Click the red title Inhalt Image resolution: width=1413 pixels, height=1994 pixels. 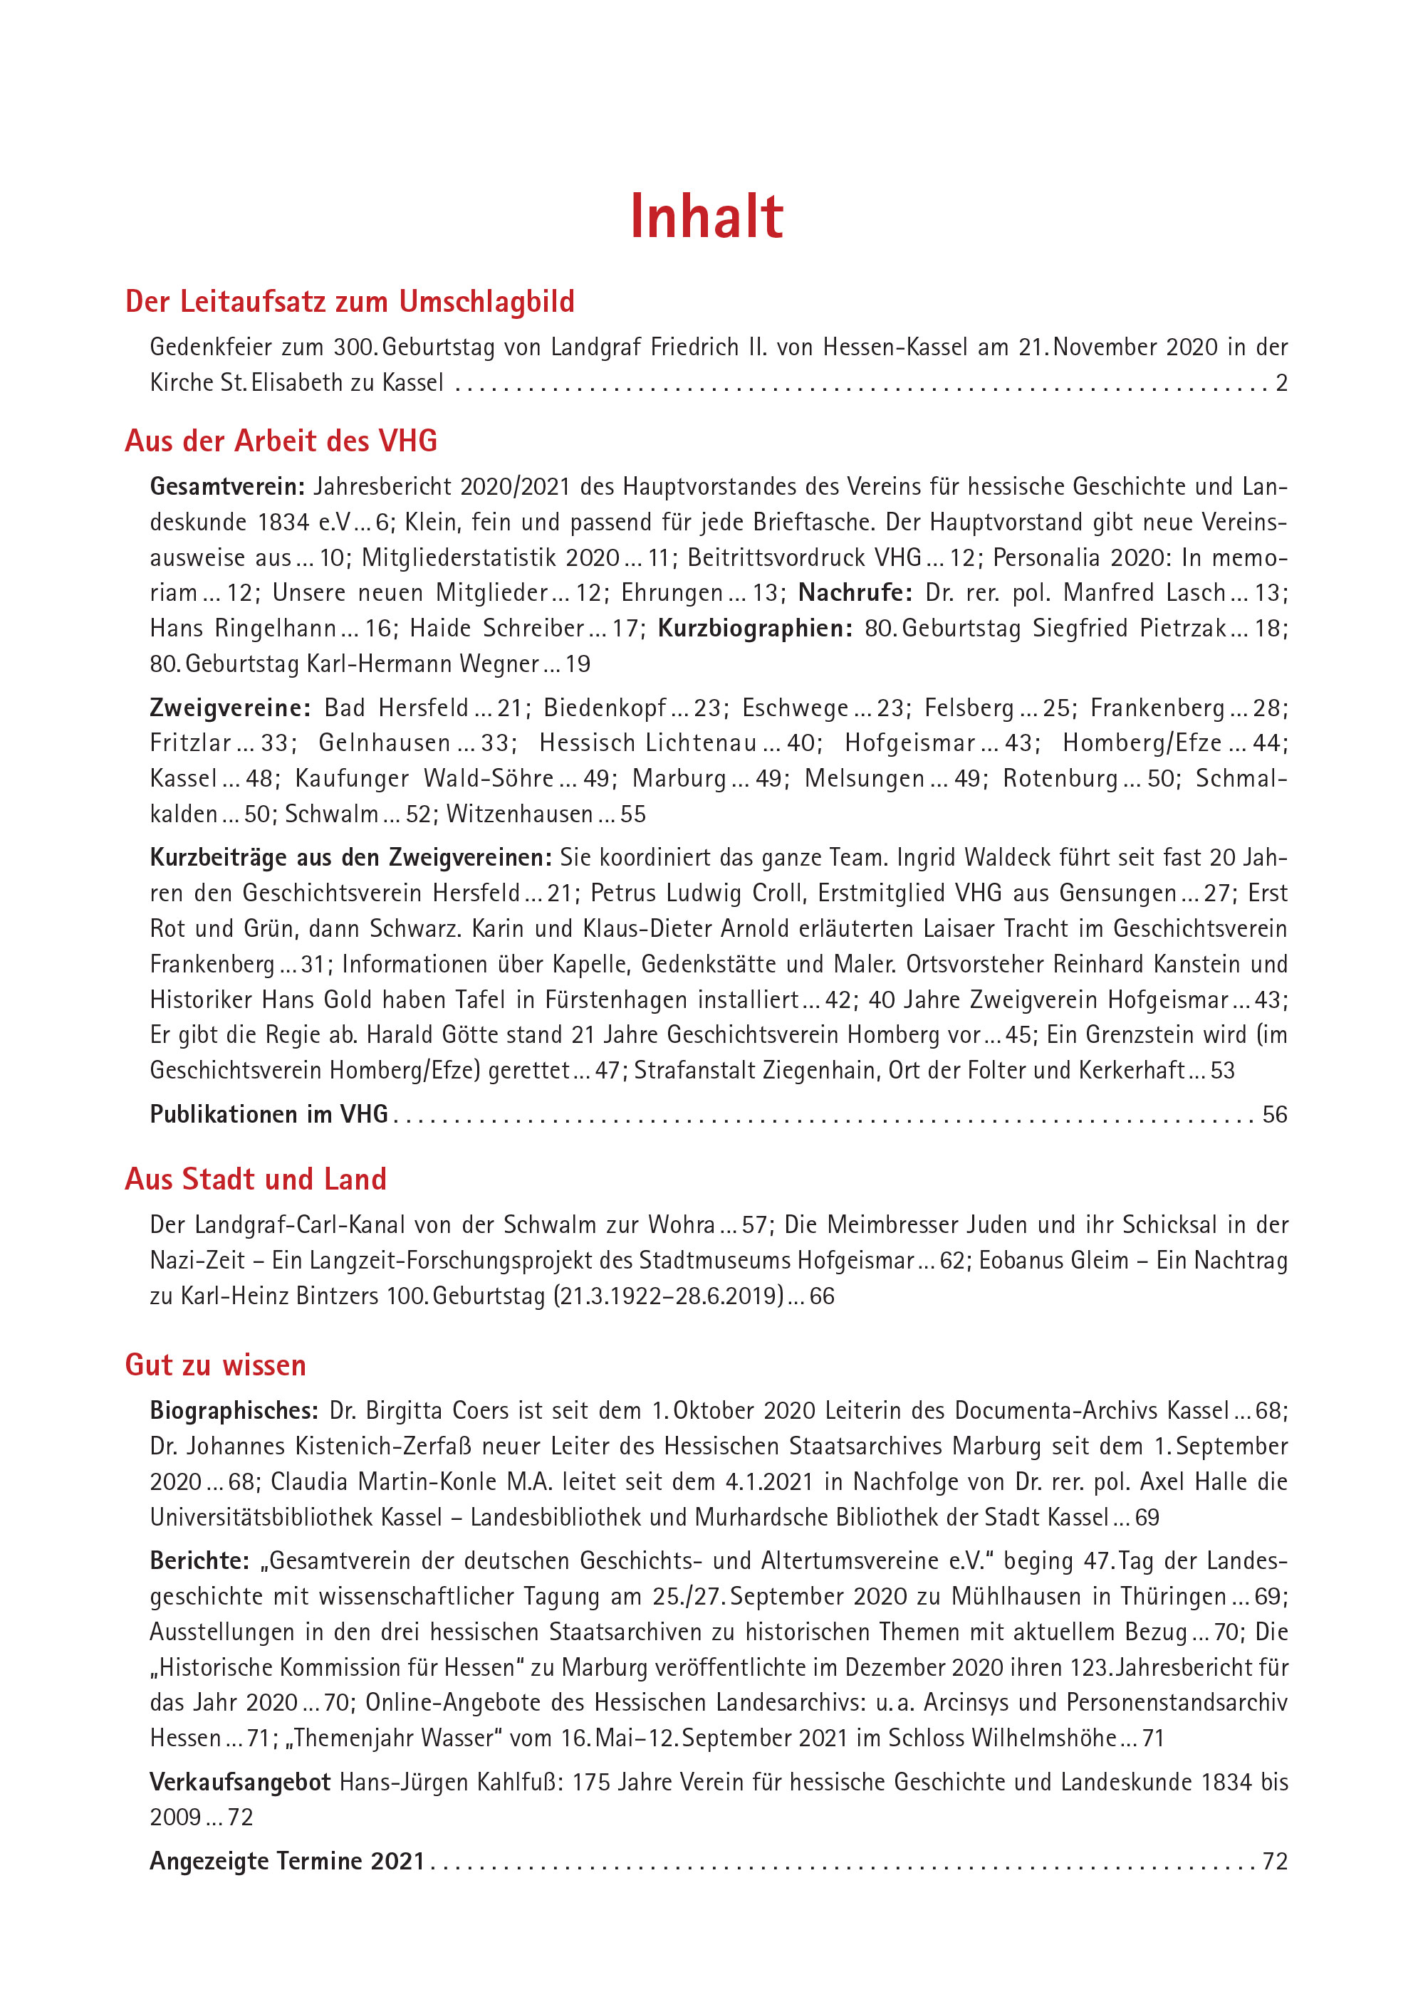coord(706,216)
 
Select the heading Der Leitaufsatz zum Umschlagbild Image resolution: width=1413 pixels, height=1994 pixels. coord(350,302)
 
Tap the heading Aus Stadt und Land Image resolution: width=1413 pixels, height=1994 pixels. coord(255,1179)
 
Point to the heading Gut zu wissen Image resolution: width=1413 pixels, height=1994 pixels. coord(215,1365)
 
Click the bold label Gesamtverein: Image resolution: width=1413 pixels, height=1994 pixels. coord(227,486)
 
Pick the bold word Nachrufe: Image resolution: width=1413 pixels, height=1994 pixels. coord(855,593)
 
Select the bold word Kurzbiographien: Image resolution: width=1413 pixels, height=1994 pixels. coord(754,628)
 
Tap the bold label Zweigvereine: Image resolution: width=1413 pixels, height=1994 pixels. coord(230,708)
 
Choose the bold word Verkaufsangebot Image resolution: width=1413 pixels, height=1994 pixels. coord(240,1782)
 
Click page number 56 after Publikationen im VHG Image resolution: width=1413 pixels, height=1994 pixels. coord(1275,1115)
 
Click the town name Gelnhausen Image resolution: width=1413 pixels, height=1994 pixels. coord(384,743)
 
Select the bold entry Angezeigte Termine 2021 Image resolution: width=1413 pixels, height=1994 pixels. coord(287,1861)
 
